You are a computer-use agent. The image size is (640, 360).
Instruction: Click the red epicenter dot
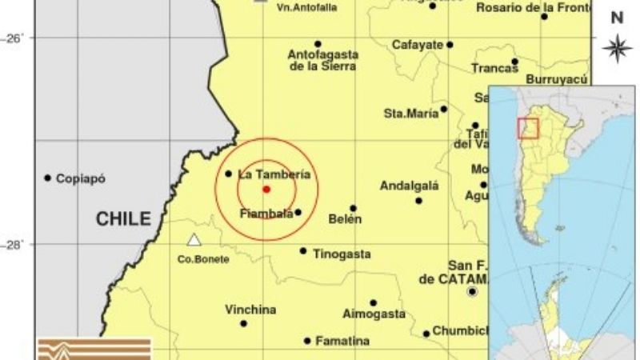[266, 190]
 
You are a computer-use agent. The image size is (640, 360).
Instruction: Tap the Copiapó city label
[80, 178]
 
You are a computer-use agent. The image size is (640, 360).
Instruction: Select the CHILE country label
[123, 218]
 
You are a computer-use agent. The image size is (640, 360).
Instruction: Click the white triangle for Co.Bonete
[194, 239]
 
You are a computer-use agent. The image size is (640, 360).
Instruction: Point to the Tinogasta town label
[342, 254]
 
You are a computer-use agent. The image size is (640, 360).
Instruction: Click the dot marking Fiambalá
[298, 212]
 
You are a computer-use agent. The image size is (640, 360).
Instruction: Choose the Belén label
[345, 218]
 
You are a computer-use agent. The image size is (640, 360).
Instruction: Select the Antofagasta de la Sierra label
[323, 60]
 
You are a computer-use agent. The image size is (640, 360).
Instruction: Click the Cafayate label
[417, 45]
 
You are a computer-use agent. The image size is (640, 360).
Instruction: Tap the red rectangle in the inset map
[528, 128]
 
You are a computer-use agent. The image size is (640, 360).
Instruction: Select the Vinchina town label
[250, 310]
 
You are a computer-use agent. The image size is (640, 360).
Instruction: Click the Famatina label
[342, 341]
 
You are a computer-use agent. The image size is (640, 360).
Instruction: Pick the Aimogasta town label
[374, 314]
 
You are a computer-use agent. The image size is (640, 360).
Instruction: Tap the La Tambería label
[274, 174]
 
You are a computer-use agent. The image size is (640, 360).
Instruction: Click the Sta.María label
[411, 114]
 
